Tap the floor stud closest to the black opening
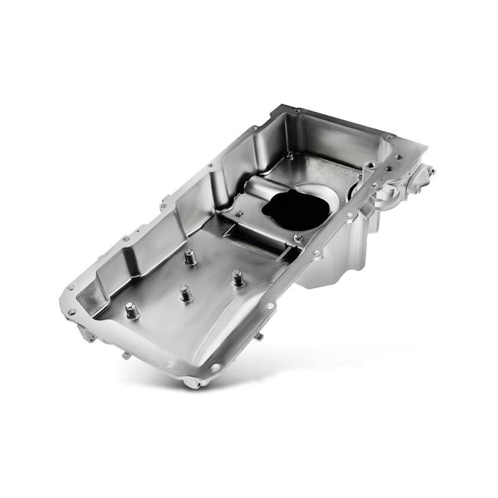(x=237, y=277)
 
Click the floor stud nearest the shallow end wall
(x=131, y=310)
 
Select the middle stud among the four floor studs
(x=184, y=292)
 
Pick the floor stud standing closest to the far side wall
(x=190, y=256)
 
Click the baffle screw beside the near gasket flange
(x=298, y=236)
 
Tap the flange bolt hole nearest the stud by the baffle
(x=270, y=306)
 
